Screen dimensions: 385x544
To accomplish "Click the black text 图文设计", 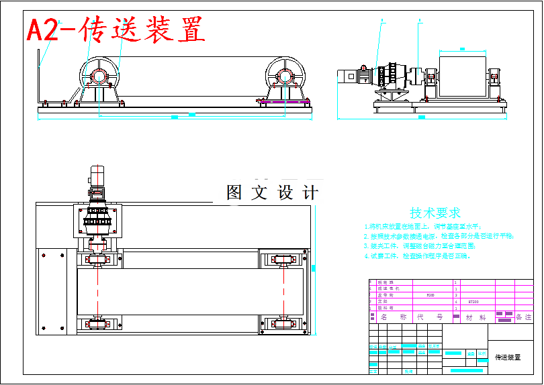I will pyautogui.click(x=272, y=193).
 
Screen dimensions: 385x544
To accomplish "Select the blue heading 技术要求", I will pyautogui.click(x=435, y=213).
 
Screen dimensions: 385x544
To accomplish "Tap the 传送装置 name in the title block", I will pyautogui.click(x=508, y=357).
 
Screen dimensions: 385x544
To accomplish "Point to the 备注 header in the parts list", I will pyautogui.click(x=523, y=317).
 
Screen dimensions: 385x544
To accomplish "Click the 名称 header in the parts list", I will pyautogui.click(x=394, y=317).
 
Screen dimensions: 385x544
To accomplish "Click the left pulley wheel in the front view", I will pyautogui.click(x=99, y=74).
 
